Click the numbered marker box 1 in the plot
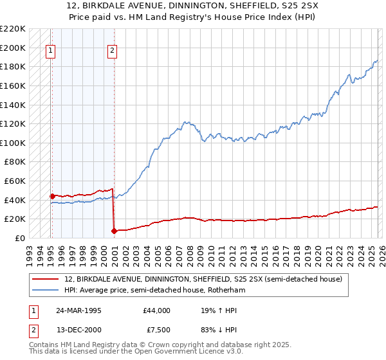pos(51,52)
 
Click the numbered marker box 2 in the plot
pos(112,52)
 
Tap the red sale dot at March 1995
pos(52,196)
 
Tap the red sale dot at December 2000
pos(114,231)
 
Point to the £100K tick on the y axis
pos(13,143)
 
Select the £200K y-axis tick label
pos(13,48)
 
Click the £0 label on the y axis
pos(19,238)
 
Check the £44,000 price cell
pos(155,310)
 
